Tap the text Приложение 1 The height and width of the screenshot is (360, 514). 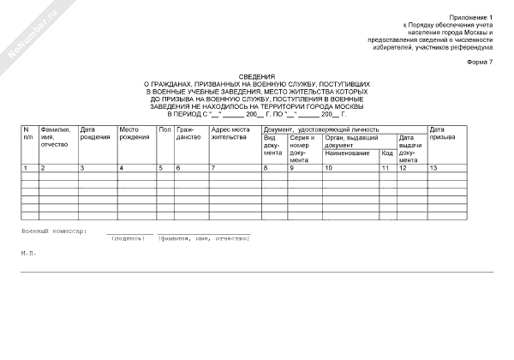(475, 18)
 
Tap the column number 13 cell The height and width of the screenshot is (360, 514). (433, 168)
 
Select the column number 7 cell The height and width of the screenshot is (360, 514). (214, 168)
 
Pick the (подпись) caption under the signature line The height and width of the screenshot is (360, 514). (129, 238)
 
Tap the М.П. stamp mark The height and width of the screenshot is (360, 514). (27, 254)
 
